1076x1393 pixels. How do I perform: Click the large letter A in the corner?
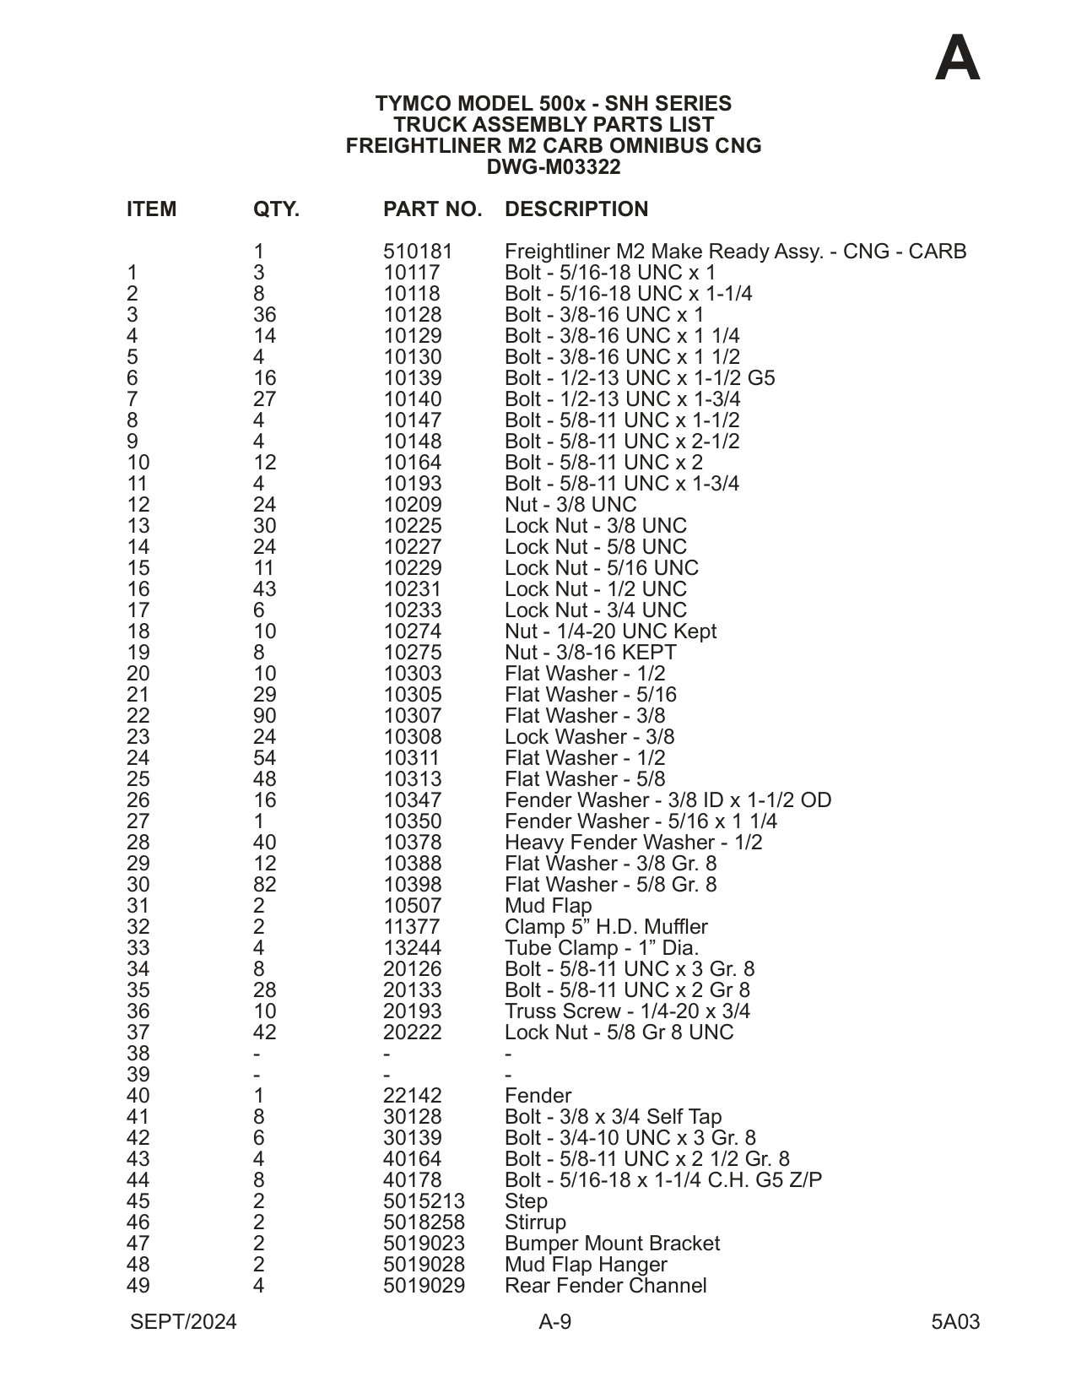click(958, 59)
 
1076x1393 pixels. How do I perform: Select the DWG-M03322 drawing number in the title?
click(553, 167)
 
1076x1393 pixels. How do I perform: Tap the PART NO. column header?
click(432, 209)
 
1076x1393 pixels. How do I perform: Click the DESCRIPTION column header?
click(576, 209)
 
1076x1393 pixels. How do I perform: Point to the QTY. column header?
click(276, 209)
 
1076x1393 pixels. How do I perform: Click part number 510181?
click(418, 252)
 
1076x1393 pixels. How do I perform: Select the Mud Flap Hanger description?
click(586, 1265)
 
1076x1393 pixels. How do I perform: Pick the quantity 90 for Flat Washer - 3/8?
click(264, 716)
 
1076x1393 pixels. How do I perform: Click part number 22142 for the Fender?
click(412, 1096)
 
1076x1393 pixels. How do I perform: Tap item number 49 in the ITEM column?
click(138, 1286)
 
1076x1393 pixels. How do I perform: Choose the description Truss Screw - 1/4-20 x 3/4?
click(627, 1011)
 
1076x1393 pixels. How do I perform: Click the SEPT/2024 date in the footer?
click(183, 1322)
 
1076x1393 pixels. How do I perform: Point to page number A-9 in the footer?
click(554, 1322)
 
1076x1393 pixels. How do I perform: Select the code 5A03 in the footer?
click(955, 1322)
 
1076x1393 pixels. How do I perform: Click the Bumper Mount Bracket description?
click(612, 1244)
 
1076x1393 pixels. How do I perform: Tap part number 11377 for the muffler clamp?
click(412, 927)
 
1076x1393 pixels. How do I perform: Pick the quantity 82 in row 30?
click(264, 885)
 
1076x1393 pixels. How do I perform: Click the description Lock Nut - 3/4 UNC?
click(596, 610)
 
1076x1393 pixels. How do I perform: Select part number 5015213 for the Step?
click(424, 1201)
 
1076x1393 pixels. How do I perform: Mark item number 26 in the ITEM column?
click(138, 800)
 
